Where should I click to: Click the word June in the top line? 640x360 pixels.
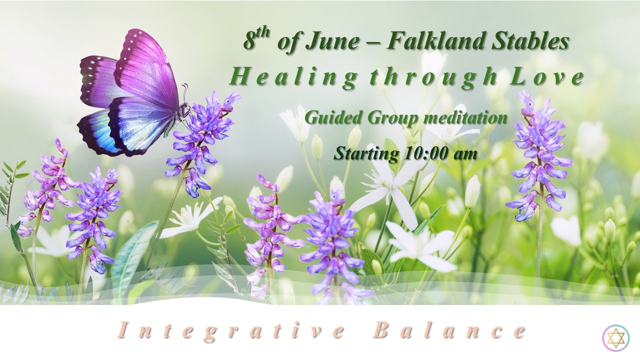[x=332, y=41]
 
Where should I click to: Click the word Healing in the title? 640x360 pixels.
[x=292, y=78]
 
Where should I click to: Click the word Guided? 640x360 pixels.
[x=333, y=118]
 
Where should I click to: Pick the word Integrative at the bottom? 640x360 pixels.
[x=231, y=331]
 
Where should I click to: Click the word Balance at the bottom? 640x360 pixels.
[x=449, y=330]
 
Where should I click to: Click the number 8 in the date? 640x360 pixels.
[x=249, y=41]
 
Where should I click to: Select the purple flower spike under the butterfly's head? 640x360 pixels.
[x=203, y=143]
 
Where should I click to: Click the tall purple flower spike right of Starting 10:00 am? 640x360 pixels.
[x=538, y=155]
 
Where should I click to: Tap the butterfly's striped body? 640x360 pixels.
[x=176, y=120]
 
